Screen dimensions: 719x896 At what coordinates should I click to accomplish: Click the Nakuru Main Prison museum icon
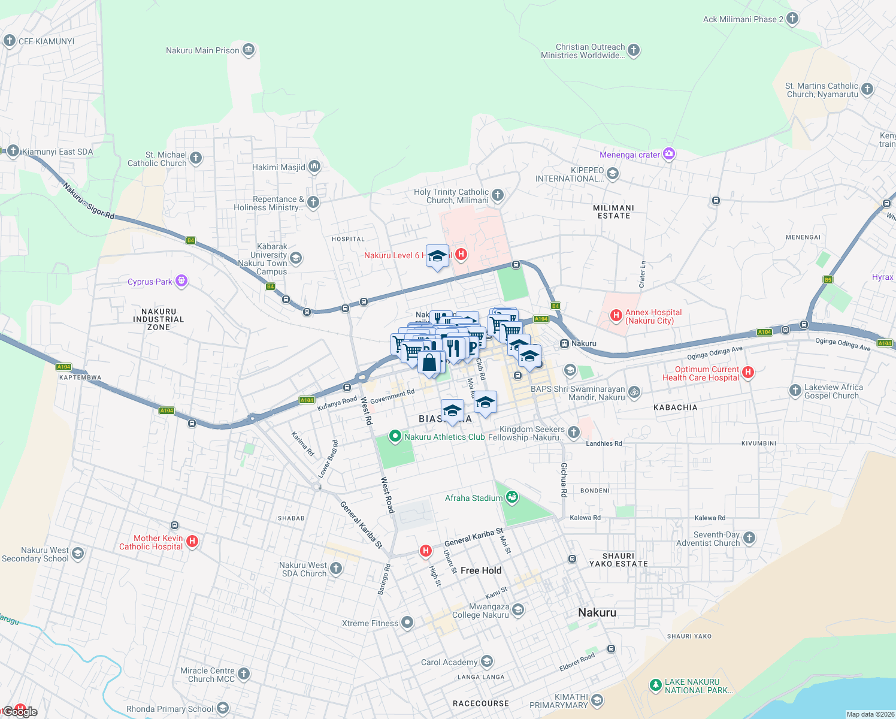point(249,50)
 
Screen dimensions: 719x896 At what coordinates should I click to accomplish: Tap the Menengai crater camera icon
point(669,155)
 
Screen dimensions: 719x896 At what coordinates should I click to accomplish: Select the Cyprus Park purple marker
point(181,281)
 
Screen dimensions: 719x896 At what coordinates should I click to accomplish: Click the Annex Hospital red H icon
point(616,315)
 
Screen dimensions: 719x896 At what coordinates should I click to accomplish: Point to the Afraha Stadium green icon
point(511,497)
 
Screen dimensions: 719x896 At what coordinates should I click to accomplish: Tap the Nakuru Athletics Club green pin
point(395,436)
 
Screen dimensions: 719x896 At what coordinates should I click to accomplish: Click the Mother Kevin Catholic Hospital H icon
point(192,541)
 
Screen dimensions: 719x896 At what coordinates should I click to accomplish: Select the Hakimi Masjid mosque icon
point(314,167)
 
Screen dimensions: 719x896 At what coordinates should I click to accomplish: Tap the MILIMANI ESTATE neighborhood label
point(613,212)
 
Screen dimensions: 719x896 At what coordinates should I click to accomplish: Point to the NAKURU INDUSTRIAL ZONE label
point(159,319)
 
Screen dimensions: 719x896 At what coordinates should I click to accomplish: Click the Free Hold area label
point(480,570)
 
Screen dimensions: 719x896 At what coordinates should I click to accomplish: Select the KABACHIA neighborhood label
point(675,407)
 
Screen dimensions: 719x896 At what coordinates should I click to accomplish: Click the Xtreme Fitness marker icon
point(407,623)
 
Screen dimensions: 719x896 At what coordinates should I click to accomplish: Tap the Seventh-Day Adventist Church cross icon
point(749,538)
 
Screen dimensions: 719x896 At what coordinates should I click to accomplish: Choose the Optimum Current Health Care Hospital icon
point(747,373)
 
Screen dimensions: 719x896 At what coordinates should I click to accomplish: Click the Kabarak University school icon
point(295,258)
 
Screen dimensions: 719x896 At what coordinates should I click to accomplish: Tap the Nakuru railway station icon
point(564,343)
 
